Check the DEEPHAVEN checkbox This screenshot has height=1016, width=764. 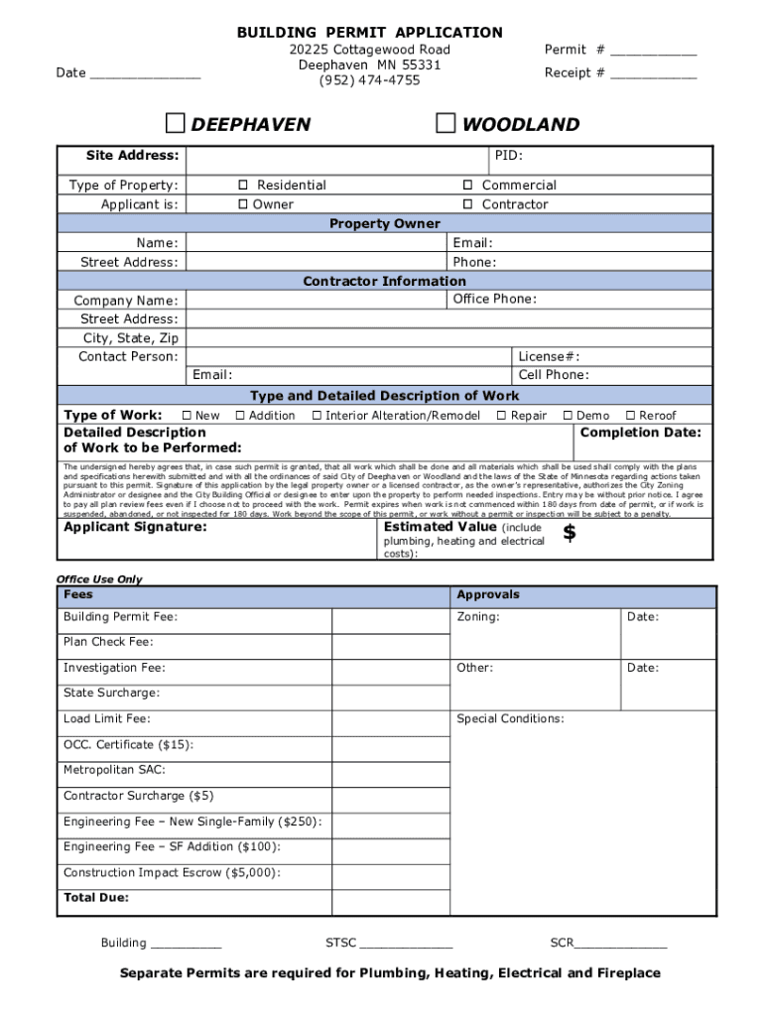tap(175, 123)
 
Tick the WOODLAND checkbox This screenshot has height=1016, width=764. tap(446, 123)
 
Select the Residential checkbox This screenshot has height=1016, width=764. tap(243, 186)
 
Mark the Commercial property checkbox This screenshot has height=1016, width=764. tap(467, 186)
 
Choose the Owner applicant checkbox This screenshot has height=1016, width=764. tap(243, 204)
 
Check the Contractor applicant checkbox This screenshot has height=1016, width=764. tap(467, 204)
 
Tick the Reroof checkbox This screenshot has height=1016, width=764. tap(630, 416)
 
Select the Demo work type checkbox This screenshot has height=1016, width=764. tap(569, 416)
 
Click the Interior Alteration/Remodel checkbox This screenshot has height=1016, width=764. tap(318, 416)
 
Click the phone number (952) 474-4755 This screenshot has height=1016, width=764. tap(369, 80)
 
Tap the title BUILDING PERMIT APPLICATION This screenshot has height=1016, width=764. tap(369, 33)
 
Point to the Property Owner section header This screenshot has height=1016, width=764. tap(384, 223)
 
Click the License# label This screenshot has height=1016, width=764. tap(549, 357)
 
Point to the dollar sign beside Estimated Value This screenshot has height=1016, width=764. tap(570, 534)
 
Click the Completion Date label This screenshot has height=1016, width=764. tap(640, 433)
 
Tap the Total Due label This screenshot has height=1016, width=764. tap(96, 898)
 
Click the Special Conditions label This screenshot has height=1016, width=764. tap(510, 719)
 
